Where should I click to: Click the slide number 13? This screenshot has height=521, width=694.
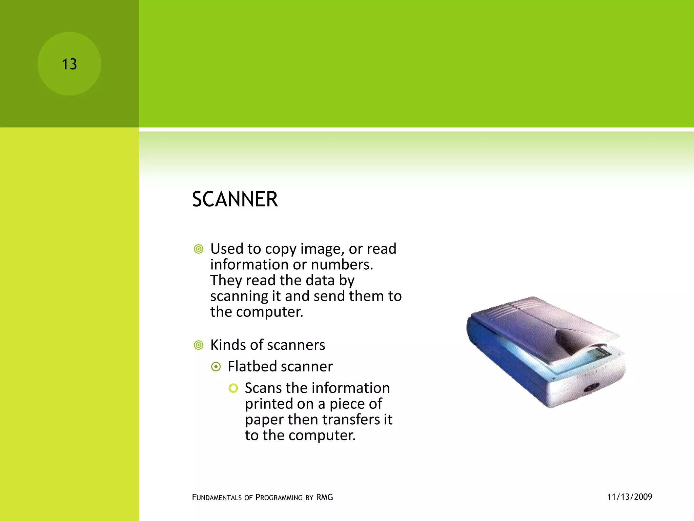click(69, 64)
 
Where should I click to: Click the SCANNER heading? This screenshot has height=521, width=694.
click(235, 199)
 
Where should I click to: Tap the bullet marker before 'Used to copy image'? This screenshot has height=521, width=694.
click(199, 249)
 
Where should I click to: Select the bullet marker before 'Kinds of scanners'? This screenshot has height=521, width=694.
click(199, 345)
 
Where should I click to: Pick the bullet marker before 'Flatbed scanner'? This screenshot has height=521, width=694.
click(216, 367)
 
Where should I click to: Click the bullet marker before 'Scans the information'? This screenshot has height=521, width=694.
click(233, 388)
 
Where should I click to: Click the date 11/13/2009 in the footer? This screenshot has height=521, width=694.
click(630, 497)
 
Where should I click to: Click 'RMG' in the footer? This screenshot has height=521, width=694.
click(325, 497)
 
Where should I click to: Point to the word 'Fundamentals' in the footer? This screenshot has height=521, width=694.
click(217, 498)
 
